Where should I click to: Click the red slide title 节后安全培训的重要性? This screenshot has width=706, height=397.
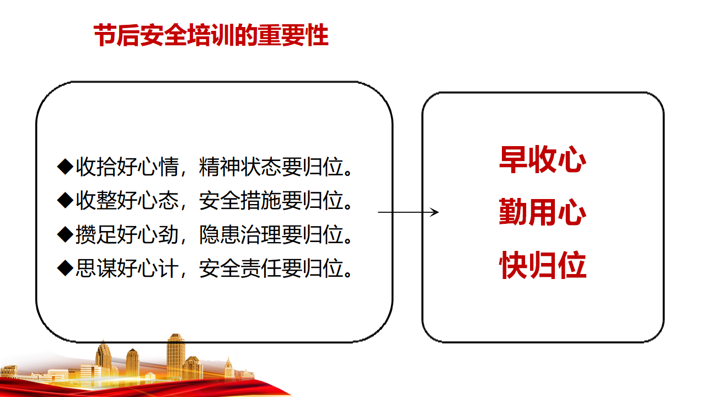click(211, 35)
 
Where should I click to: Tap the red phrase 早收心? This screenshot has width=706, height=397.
click(543, 159)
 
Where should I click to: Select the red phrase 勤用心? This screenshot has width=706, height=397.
click(543, 212)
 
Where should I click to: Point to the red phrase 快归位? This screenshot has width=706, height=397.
click(543, 265)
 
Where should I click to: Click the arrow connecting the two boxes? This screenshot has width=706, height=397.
click(408, 212)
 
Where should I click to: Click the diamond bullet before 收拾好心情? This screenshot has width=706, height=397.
click(66, 167)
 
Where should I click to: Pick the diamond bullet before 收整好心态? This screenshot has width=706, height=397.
click(66, 200)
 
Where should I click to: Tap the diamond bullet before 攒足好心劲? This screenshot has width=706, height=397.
click(66, 234)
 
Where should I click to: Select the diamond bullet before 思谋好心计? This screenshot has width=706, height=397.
click(66, 268)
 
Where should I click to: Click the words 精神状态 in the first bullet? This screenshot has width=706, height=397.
click(239, 167)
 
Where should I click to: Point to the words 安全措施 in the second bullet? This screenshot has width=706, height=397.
click(239, 201)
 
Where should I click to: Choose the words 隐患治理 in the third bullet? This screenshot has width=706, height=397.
click(239, 235)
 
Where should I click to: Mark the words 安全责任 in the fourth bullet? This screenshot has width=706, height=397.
click(239, 269)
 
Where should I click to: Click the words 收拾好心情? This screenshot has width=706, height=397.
click(127, 167)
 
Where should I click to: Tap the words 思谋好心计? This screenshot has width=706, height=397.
click(127, 269)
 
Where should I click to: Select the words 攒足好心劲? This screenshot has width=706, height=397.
click(127, 235)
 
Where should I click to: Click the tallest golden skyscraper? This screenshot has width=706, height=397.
click(175, 356)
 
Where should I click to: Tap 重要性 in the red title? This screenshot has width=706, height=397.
click(293, 35)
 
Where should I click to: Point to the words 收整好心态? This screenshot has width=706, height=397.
click(127, 201)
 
